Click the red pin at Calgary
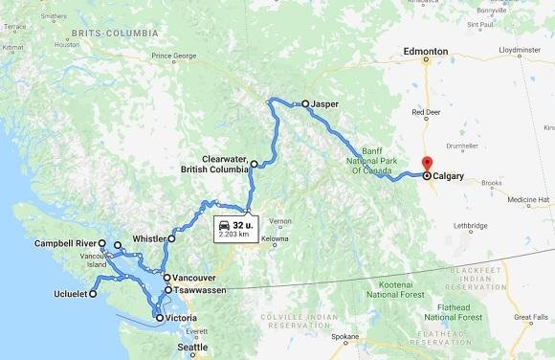[x=426, y=164]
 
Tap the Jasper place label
[x=326, y=103]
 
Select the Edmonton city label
[x=426, y=51]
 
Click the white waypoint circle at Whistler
[x=172, y=238]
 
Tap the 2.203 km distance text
[x=234, y=235]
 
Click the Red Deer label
[x=427, y=112]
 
